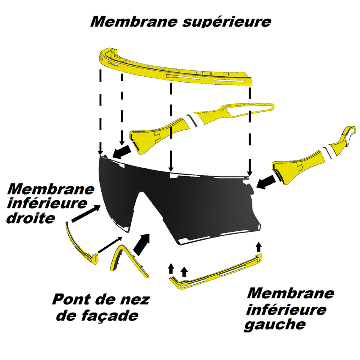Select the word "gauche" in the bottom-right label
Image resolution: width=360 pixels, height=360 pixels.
(275, 324)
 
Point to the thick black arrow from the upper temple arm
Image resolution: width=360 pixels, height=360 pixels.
(122, 151)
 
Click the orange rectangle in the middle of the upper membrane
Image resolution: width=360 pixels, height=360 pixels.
(172, 76)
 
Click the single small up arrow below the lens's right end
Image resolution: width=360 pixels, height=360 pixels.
(259, 247)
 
